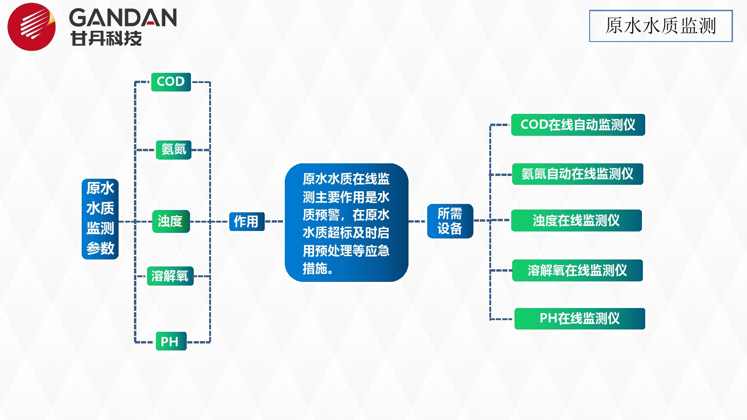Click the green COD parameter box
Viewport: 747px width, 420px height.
(171, 82)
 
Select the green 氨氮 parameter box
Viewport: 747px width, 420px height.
(173, 150)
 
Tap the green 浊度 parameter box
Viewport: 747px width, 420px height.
(171, 221)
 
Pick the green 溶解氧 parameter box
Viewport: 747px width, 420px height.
(170, 276)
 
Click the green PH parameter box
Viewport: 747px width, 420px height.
(171, 341)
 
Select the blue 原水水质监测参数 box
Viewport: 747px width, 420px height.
(100, 219)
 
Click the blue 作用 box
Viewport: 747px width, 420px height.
(247, 222)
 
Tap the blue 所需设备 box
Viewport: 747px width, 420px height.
(450, 221)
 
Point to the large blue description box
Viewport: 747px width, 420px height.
(346, 222)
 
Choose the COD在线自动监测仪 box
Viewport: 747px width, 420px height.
(578, 125)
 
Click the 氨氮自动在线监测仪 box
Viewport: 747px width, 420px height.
(578, 174)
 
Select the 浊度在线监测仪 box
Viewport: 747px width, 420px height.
(576, 220)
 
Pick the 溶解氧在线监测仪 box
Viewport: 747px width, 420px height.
(577, 270)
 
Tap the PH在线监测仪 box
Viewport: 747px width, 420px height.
(579, 319)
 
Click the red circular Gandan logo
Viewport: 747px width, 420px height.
(32, 27)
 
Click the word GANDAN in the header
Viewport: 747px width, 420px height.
(123, 18)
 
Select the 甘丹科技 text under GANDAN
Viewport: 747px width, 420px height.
(106, 38)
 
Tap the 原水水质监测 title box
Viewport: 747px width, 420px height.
(661, 26)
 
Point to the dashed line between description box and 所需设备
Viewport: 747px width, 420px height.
(417, 221)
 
